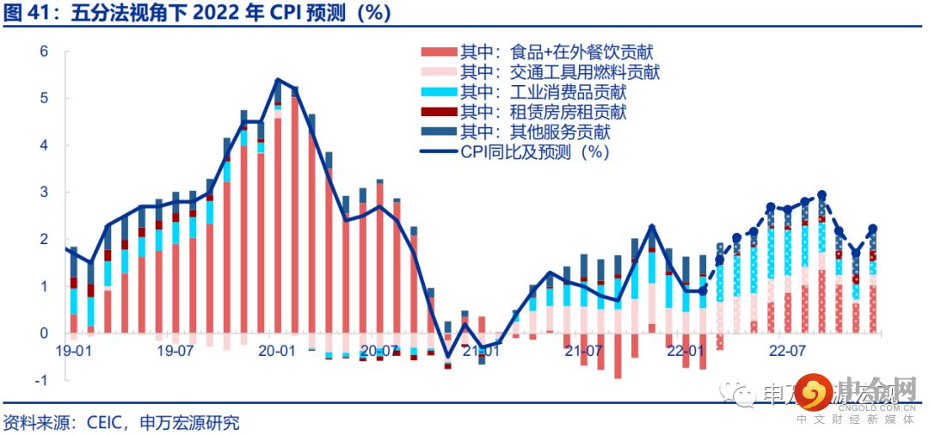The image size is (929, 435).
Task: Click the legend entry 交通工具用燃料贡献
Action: (x=560, y=73)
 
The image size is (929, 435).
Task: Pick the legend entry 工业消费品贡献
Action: (x=543, y=93)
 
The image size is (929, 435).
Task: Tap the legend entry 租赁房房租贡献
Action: (x=543, y=113)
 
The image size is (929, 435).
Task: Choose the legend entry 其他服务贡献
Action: (x=534, y=132)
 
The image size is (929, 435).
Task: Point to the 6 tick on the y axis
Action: (x=44, y=52)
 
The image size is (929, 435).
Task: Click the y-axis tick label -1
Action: (x=40, y=380)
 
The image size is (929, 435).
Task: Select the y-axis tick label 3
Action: (x=44, y=193)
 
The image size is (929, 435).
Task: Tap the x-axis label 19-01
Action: (x=73, y=351)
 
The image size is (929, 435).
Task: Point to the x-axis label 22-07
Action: (x=787, y=351)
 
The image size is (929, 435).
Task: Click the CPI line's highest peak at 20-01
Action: (x=277, y=80)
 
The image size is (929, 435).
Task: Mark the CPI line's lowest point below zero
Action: (x=447, y=356)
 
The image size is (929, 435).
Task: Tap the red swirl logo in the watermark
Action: (x=812, y=393)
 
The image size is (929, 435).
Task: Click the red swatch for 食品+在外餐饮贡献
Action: (x=439, y=53)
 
